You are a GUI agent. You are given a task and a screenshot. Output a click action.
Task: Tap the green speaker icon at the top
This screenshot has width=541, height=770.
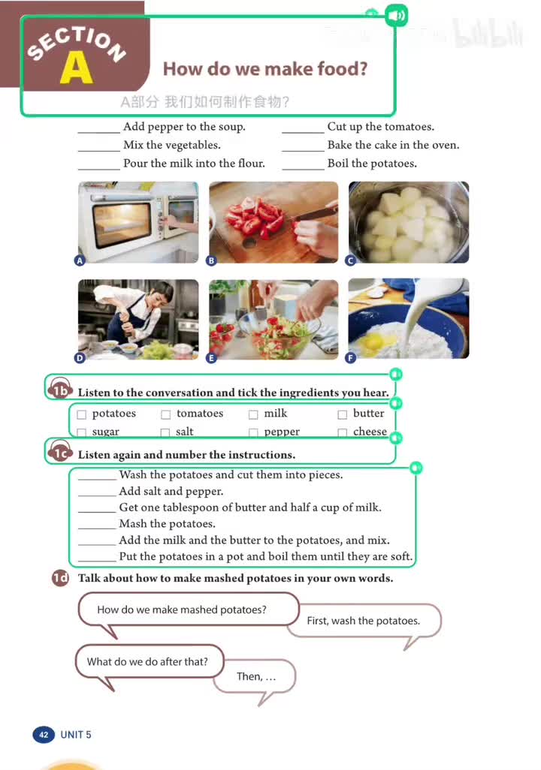[x=396, y=15]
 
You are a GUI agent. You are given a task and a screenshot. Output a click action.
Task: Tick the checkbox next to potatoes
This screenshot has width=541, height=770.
[x=82, y=414]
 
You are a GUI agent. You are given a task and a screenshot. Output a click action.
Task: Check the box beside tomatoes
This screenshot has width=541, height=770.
[x=166, y=414]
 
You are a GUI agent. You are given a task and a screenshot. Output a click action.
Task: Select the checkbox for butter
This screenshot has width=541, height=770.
[x=343, y=414]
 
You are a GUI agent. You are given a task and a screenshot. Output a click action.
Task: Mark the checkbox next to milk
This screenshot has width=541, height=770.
[x=253, y=414]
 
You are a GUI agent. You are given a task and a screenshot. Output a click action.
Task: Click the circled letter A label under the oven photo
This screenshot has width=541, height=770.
[x=80, y=260]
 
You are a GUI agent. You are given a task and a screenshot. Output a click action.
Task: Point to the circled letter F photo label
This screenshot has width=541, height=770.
[x=350, y=358]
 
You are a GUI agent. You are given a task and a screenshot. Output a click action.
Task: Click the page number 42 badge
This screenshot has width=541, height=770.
[x=44, y=735]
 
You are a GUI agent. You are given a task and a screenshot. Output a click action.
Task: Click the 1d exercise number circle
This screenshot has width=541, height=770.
[x=61, y=578]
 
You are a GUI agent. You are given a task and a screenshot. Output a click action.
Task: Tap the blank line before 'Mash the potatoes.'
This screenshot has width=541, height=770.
[x=97, y=528]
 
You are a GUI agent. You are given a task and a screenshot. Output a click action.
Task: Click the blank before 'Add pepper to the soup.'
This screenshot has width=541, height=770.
[x=99, y=133]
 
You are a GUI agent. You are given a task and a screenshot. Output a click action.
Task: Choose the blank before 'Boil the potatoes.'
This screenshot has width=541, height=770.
[x=303, y=170]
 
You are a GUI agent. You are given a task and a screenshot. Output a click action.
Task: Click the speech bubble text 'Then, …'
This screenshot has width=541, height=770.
[x=256, y=676]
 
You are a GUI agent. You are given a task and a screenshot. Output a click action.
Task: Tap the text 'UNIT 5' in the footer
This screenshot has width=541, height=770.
[x=76, y=735]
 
